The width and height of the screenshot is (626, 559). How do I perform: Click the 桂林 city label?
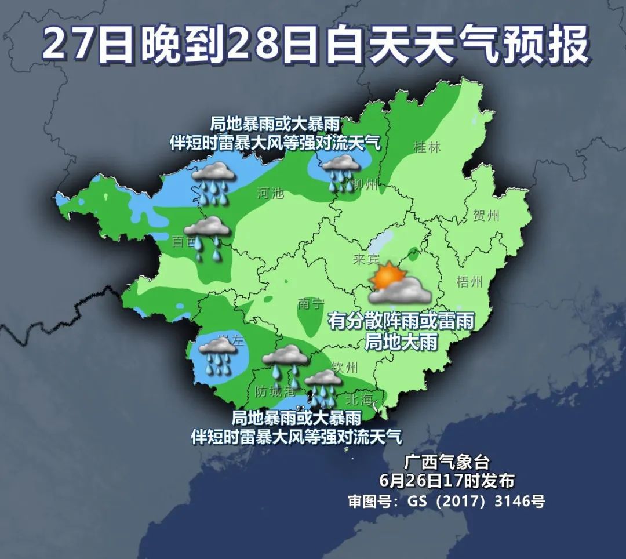(x=427, y=147)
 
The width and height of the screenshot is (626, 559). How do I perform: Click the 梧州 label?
(x=469, y=282)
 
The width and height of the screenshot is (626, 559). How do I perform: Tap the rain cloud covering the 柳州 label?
(x=341, y=170)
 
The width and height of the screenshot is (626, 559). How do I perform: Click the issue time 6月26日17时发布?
(x=447, y=481)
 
